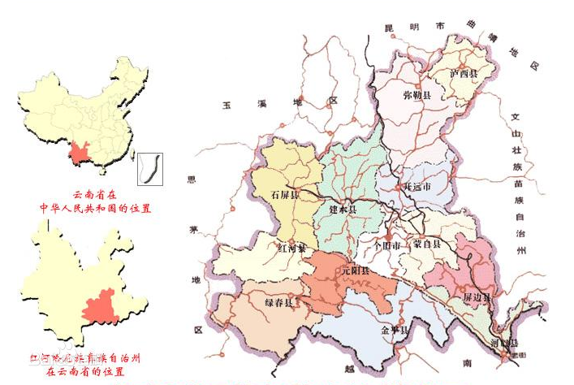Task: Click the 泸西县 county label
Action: point(464,73)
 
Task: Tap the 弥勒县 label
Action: point(418,96)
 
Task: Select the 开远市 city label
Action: point(417,186)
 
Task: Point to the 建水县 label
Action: point(343,210)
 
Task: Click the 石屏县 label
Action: point(284,195)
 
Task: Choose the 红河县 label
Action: point(291,247)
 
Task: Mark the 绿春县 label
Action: point(278,302)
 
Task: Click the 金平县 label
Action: point(395,331)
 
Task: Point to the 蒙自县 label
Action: point(427,243)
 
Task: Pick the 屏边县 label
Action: point(477,298)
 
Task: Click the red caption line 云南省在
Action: point(95,195)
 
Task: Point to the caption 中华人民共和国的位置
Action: point(97,208)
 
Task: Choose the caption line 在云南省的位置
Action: point(84,371)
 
